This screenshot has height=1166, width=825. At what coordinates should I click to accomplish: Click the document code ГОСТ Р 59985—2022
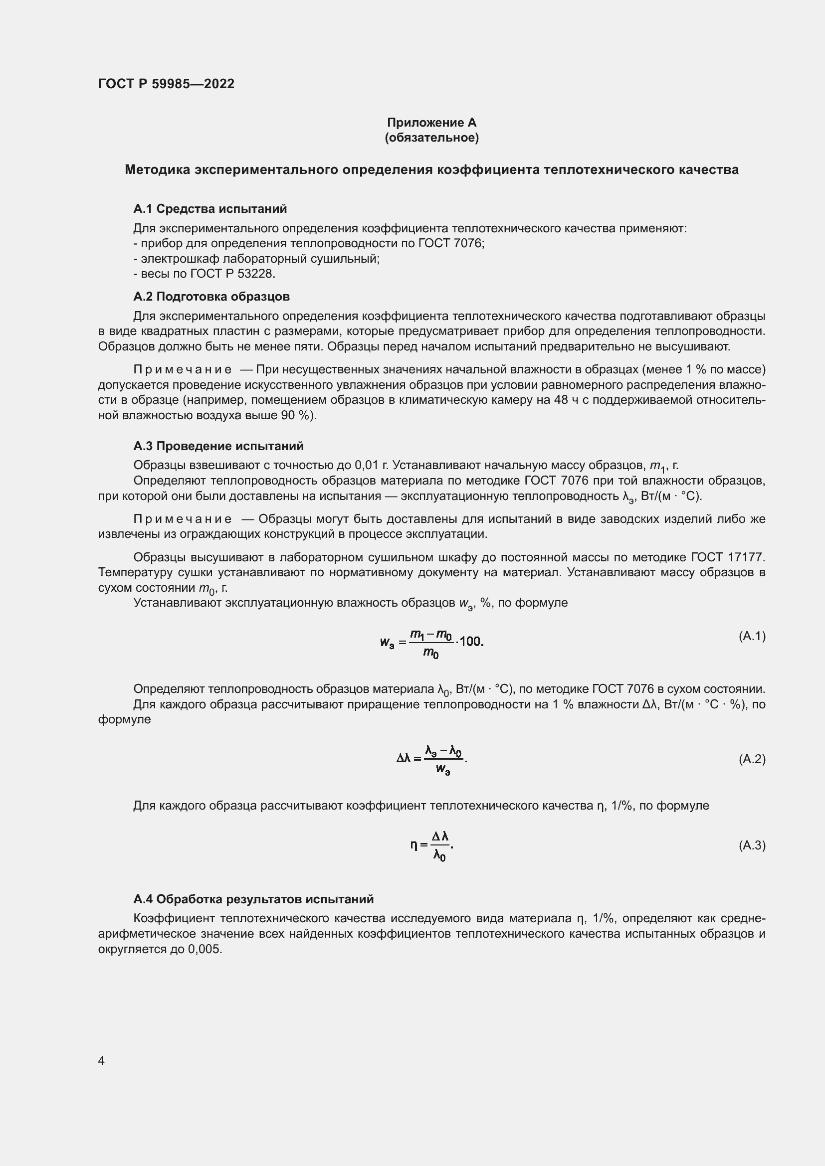click(166, 84)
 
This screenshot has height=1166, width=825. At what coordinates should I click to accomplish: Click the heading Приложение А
click(431, 123)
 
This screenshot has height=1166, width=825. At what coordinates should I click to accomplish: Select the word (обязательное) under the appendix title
click(431, 138)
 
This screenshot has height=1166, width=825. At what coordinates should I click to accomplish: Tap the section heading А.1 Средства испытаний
click(210, 209)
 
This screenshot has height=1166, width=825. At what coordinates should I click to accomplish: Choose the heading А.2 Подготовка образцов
click(211, 297)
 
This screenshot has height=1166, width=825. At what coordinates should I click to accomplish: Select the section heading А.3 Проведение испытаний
click(218, 446)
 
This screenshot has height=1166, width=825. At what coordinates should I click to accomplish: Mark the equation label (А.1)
click(752, 636)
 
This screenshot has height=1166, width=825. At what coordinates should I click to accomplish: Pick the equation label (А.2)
click(752, 759)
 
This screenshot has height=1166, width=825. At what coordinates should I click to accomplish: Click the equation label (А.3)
click(752, 845)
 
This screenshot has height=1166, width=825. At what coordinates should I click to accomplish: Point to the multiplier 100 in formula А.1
click(470, 642)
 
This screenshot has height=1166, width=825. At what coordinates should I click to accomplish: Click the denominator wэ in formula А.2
click(443, 769)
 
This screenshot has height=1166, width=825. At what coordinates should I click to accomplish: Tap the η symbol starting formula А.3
click(414, 845)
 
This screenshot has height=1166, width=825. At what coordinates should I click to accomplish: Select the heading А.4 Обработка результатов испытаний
click(253, 899)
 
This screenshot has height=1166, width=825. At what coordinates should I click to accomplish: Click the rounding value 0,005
click(205, 949)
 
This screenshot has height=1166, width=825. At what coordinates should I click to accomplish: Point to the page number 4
click(101, 1060)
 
